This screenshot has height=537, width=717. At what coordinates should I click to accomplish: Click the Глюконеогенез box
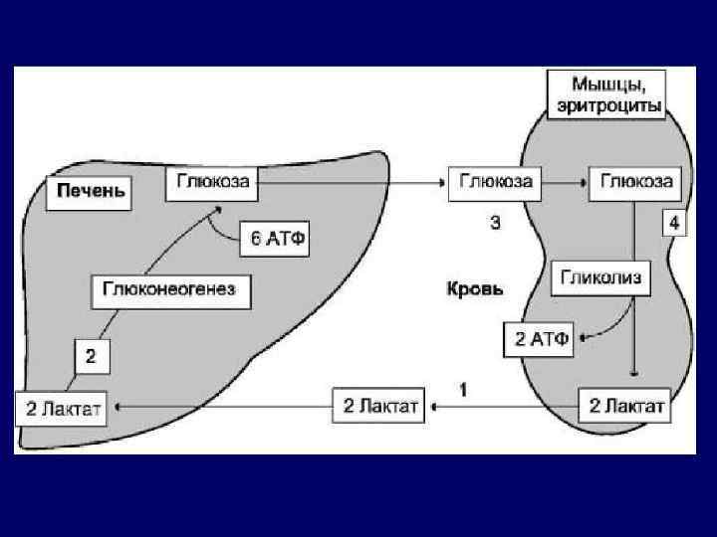pos(171,291)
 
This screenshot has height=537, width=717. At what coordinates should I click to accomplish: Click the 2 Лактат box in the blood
pos(378,406)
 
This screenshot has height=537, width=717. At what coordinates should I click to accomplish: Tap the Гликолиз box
pos(600,277)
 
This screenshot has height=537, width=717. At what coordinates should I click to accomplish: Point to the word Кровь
pos(474,290)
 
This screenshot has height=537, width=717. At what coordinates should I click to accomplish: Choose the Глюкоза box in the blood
pos(494,183)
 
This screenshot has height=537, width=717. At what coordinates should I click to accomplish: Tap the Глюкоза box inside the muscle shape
pos(634,183)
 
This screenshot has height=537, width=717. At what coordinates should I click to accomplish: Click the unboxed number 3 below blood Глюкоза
pos(495,223)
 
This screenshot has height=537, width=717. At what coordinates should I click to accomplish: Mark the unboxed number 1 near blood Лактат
pos(463,388)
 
